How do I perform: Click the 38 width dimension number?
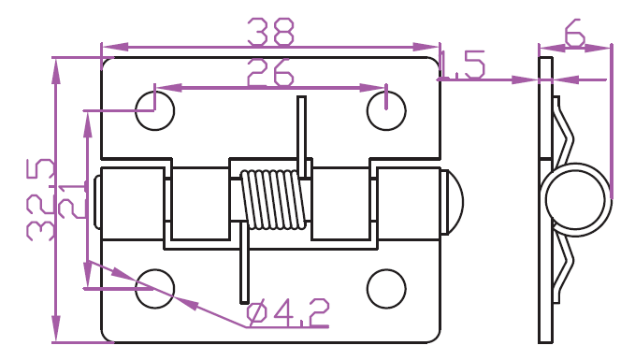[x=270, y=31]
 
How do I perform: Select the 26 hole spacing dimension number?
[x=269, y=73]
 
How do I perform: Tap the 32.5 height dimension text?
[x=40, y=200]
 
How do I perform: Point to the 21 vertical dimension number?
[x=73, y=201]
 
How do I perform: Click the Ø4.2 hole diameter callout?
[x=288, y=313]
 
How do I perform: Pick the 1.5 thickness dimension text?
[x=462, y=65]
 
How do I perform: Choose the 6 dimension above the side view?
[x=575, y=33]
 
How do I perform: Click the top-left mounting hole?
[x=154, y=111]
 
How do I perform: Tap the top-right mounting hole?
[x=386, y=111]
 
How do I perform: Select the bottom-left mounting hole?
[x=154, y=289]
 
